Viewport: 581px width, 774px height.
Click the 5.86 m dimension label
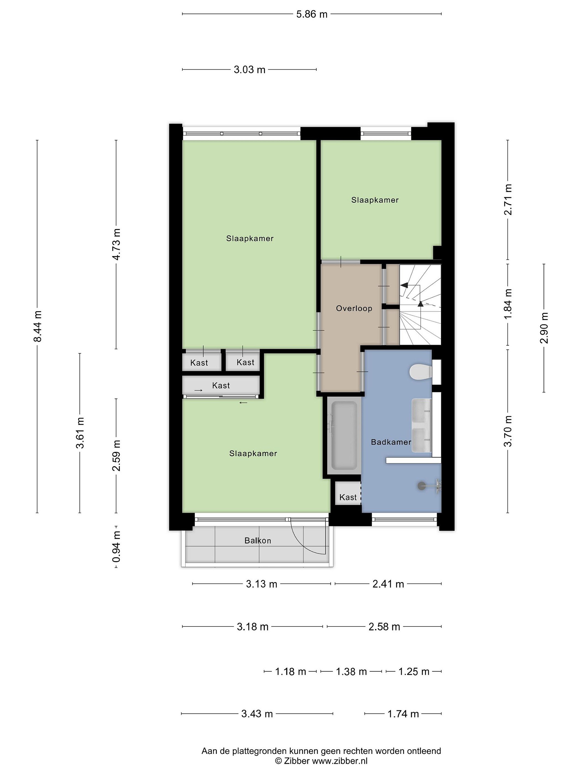pyautogui.click(x=312, y=14)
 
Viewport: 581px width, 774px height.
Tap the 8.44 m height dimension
pyautogui.click(x=37, y=326)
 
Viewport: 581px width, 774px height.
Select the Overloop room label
pyautogui.click(x=354, y=308)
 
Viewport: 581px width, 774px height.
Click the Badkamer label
pyautogui.click(x=391, y=442)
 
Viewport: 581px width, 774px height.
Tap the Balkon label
pyautogui.click(x=258, y=541)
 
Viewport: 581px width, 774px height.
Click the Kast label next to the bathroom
pyautogui.click(x=348, y=497)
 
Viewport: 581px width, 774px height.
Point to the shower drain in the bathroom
pyautogui.click(x=422, y=486)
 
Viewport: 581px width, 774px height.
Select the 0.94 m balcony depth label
pyautogui.click(x=117, y=546)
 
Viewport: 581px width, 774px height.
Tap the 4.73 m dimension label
pyautogui.click(x=117, y=244)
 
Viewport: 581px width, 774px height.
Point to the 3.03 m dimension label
pyautogui.click(x=249, y=70)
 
